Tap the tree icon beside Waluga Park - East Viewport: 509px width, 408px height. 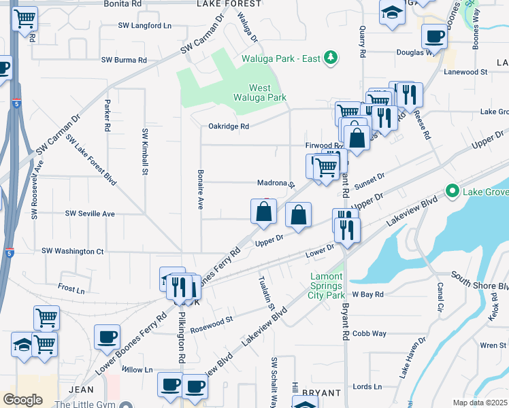tap(331, 58)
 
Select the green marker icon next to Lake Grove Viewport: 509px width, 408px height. tap(451, 192)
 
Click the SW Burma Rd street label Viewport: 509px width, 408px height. tap(125, 60)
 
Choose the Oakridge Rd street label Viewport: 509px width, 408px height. tap(229, 126)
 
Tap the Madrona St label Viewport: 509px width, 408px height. tap(275, 184)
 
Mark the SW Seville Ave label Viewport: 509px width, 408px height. tap(90, 214)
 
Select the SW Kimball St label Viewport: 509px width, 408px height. tap(145, 152)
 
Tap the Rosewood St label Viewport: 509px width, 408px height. tap(212, 318)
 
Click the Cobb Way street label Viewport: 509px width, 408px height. tap(370, 334)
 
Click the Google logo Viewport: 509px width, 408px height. tap(22, 400)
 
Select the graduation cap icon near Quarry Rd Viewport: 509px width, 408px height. tap(392, 14)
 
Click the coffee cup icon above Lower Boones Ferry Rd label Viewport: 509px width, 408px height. tap(107, 337)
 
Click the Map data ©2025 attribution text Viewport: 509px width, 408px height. tap(480, 403)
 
